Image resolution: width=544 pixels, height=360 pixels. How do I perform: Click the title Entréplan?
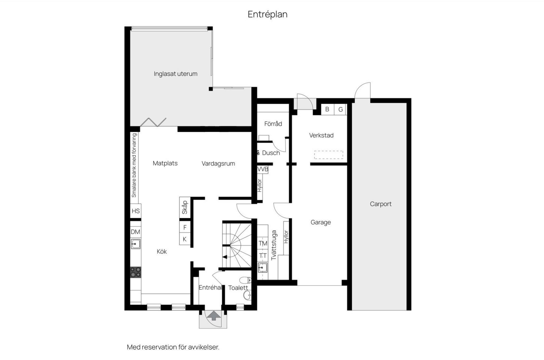267,14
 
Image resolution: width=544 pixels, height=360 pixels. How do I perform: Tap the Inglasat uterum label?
175,74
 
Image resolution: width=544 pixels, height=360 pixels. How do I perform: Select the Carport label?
380,204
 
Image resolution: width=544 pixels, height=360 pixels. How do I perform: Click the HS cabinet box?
136,211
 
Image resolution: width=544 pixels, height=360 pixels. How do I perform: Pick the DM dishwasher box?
136,232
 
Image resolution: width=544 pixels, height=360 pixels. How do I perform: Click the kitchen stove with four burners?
136,272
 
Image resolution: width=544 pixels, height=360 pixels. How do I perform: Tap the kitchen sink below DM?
136,244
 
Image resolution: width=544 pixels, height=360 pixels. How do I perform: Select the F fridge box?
185,227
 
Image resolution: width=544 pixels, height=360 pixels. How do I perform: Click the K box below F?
185,239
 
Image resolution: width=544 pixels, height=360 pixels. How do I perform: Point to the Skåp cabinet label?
185,207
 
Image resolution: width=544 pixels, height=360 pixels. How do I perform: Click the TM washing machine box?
263,243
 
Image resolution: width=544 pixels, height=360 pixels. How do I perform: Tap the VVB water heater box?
263,169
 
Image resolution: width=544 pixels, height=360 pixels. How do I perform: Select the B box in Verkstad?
327,109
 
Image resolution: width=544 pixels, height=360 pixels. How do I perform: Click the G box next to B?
341,109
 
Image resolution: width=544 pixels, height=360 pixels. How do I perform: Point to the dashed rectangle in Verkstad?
328,155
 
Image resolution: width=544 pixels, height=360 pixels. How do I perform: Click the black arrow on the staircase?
225,257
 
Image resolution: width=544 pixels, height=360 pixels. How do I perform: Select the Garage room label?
320,222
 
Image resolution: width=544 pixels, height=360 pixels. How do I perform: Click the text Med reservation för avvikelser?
173,347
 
